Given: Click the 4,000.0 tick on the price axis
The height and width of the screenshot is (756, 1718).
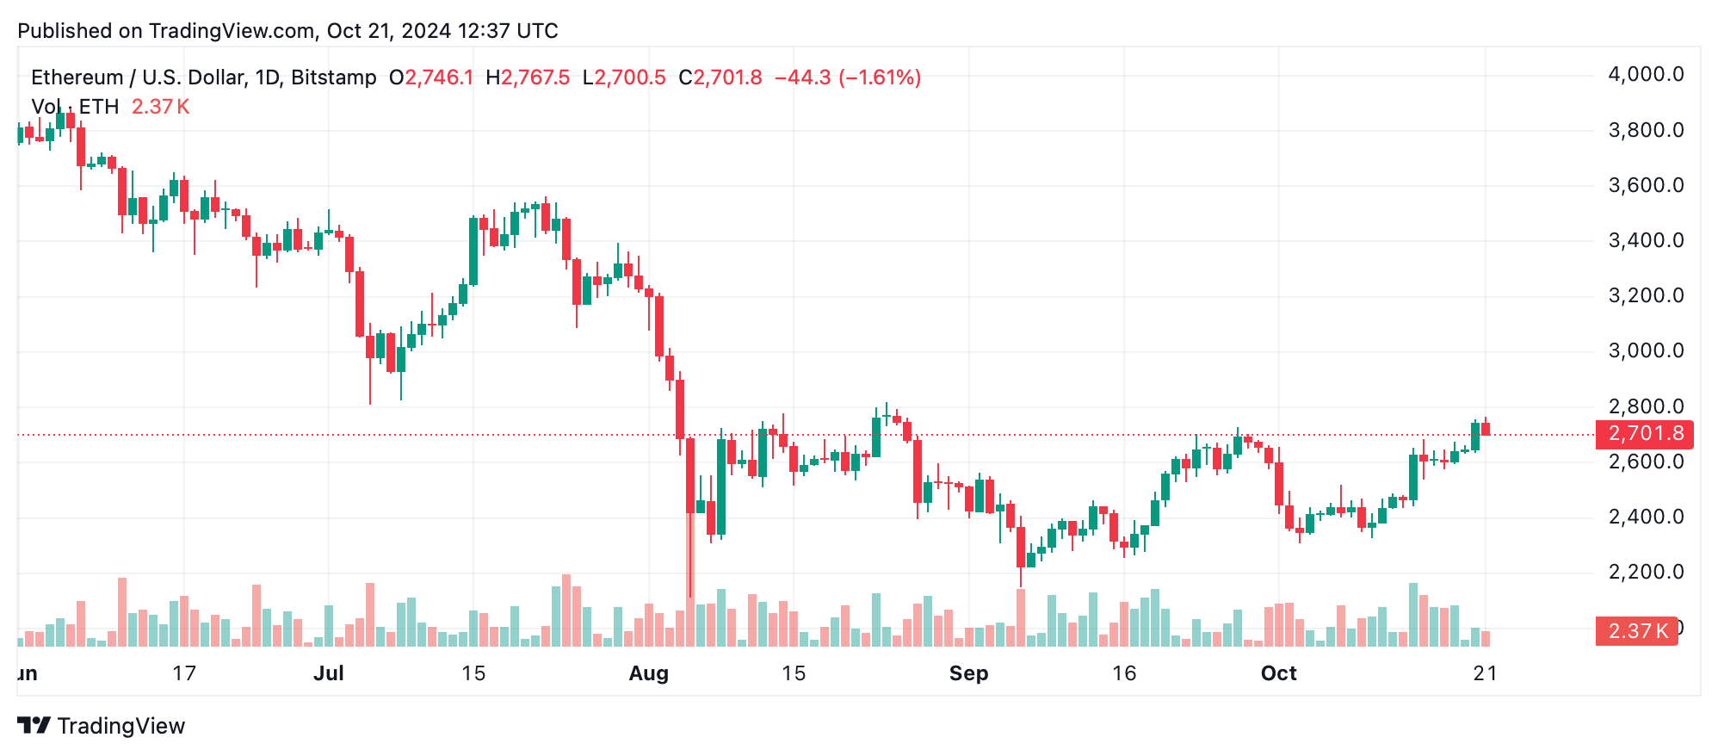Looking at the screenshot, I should coord(1646,75).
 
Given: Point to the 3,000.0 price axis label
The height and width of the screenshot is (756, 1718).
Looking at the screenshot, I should coord(1646,350).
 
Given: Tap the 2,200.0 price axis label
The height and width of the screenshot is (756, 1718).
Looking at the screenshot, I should coord(1646,572).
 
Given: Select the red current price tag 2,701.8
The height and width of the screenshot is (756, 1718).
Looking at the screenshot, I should coord(1644,434).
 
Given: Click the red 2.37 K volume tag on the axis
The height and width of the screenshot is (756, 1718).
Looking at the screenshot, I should coord(1636,631).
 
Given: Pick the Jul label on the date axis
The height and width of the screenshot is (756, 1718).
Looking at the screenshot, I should coord(328,673).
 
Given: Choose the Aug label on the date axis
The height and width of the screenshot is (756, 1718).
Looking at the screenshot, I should coord(648,673).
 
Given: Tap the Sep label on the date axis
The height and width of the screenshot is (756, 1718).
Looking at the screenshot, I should coord(968,673).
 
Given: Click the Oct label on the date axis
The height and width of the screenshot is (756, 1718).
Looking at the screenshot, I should coord(1278,673).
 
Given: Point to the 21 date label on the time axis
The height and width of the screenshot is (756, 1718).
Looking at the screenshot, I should coord(1485,673).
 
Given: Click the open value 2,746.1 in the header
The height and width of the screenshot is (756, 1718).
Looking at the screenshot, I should coord(439,77).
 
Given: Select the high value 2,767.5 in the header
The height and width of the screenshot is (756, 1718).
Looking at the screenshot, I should coord(535,77).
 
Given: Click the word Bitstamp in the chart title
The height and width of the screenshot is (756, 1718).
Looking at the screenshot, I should coord(334,77).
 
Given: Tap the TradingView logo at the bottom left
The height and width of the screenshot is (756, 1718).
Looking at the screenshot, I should coord(102,726).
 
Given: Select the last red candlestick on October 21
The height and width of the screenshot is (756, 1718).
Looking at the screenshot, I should coord(1486,428).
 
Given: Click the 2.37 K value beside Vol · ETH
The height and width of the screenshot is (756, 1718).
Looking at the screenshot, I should coord(161,107).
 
